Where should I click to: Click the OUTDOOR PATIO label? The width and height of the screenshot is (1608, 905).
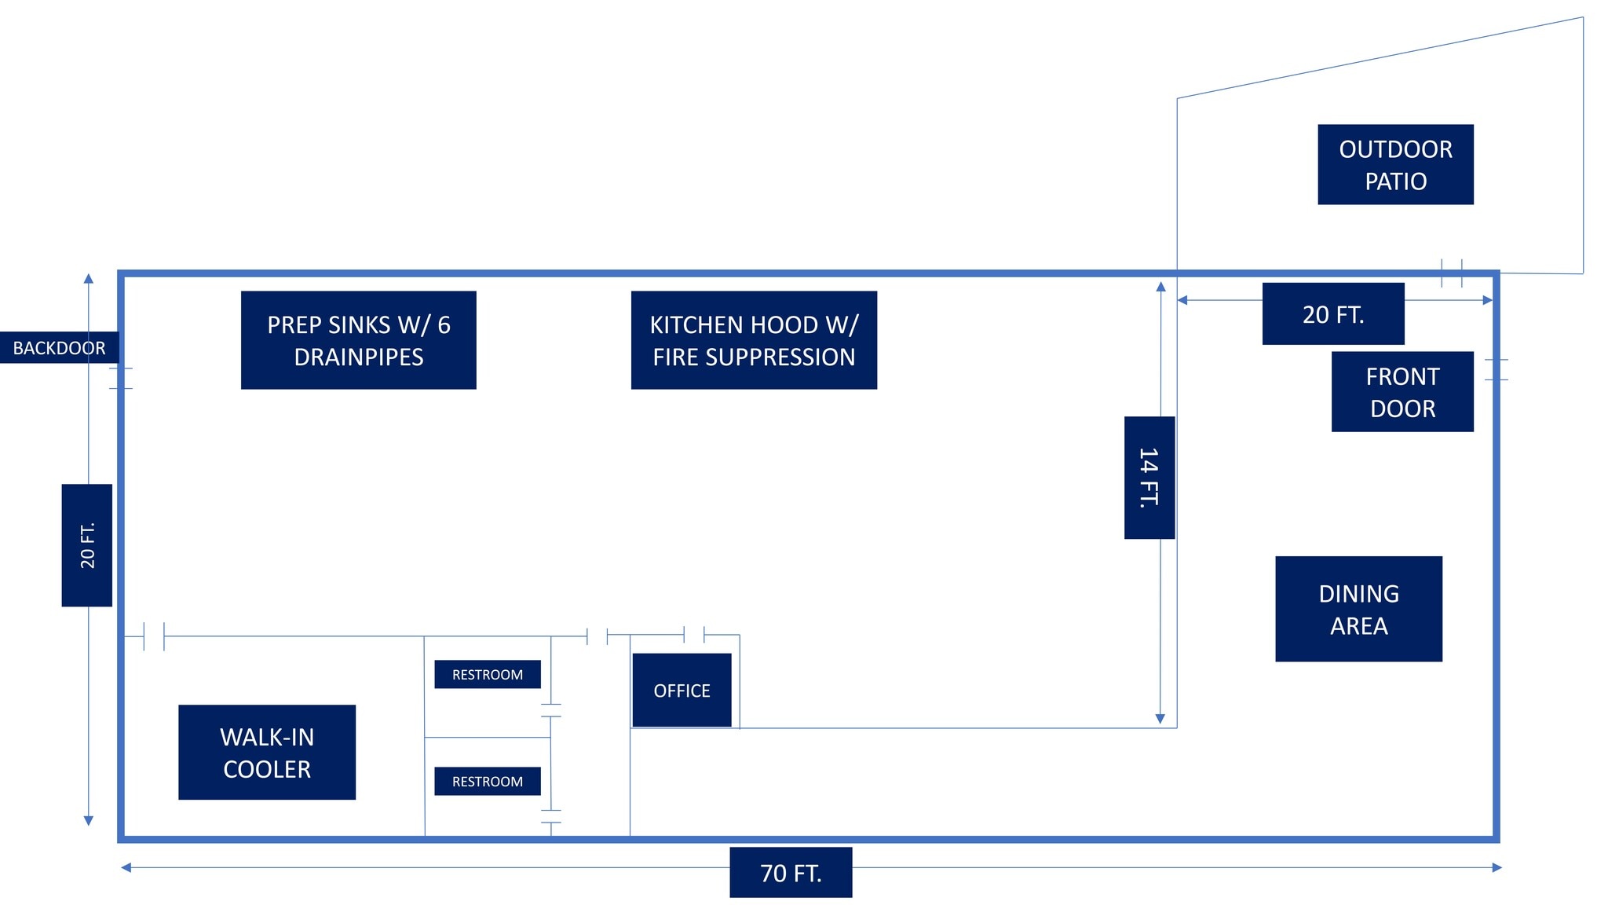click(x=1395, y=164)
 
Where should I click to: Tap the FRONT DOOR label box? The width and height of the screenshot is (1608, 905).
click(x=1402, y=391)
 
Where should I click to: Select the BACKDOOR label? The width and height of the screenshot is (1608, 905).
click(x=59, y=348)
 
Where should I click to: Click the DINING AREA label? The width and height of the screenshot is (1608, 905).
click(x=1358, y=609)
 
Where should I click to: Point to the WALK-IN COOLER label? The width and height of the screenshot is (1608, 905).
click(x=267, y=752)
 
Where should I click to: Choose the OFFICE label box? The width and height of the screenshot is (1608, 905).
click(x=682, y=690)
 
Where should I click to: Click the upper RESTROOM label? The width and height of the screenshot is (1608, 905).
click(x=488, y=674)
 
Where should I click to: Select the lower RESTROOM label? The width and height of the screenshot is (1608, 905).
click(x=488, y=781)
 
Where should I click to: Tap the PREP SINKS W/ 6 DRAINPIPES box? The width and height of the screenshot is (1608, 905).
click(x=358, y=340)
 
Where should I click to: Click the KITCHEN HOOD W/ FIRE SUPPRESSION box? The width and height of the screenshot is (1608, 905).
click(x=754, y=340)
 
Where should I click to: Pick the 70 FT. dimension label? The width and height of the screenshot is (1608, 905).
click(x=791, y=872)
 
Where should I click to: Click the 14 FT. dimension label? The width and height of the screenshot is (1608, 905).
click(x=1149, y=478)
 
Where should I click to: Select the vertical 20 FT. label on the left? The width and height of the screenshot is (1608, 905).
click(x=87, y=545)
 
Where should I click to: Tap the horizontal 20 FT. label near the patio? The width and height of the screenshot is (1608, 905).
click(x=1333, y=314)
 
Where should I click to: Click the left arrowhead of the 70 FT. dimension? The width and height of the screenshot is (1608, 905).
click(x=126, y=867)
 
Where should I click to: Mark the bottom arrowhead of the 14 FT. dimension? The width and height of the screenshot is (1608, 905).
click(x=1160, y=719)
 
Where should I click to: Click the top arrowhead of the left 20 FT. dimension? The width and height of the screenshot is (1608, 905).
click(x=89, y=279)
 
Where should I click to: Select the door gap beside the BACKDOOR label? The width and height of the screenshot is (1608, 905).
click(x=121, y=378)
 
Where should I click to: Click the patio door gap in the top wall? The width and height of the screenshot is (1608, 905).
click(x=1452, y=273)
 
